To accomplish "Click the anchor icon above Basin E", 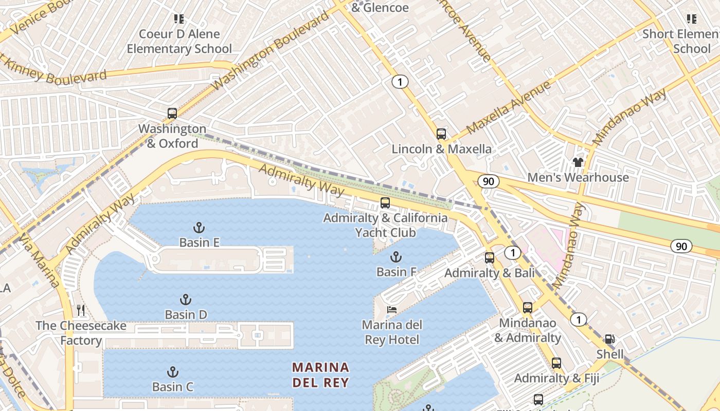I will click(199, 227).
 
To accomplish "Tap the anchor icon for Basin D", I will click(186, 300).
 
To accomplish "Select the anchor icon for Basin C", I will click(173, 372).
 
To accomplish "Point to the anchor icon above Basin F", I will click(396, 257).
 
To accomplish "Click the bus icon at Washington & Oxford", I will click(172, 114).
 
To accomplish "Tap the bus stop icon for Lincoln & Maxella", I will click(441, 134).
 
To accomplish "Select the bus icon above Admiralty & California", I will click(385, 203).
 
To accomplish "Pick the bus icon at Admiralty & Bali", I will click(490, 258).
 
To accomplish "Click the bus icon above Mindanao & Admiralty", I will click(528, 308).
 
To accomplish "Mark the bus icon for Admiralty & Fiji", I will click(556, 363).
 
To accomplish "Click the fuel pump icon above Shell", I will click(610, 339).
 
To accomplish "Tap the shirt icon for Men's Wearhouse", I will click(578, 162).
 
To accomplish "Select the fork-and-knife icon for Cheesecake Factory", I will click(80, 310).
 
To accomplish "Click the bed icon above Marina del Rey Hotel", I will click(392, 309).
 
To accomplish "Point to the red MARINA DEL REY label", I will click(321, 375).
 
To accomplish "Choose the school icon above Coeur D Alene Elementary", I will click(179, 19).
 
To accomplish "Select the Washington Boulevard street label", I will click(271, 50).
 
